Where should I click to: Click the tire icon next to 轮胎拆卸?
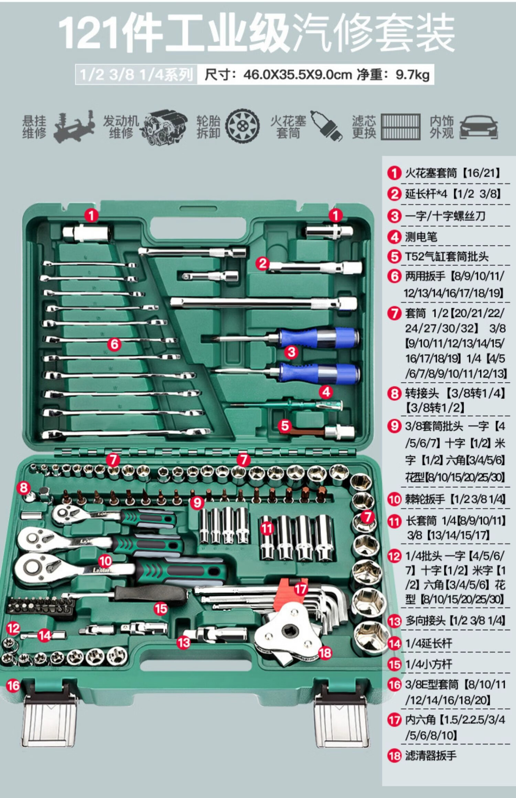(x=243, y=126)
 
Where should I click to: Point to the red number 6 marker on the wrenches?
(x=115, y=344)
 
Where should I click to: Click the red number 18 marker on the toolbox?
(x=325, y=653)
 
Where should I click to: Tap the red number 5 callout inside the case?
(x=285, y=426)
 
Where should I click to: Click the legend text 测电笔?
(x=421, y=237)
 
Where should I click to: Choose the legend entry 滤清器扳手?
(x=431, y=755)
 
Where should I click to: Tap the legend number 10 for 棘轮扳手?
(x=394, y=499)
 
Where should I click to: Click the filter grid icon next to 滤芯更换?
(x=401, y=127)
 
